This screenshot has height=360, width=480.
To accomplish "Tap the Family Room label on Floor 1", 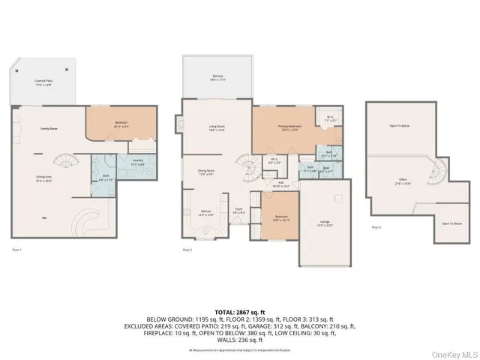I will point(49,130).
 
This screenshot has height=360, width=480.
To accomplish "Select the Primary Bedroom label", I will point(290,127).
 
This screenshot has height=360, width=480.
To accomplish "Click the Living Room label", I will point(217,127).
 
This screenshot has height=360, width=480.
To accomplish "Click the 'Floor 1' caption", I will point(16,248).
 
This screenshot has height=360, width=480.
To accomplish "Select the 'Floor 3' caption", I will point(376,226).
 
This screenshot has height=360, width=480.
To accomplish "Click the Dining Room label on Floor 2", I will point(207,172).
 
